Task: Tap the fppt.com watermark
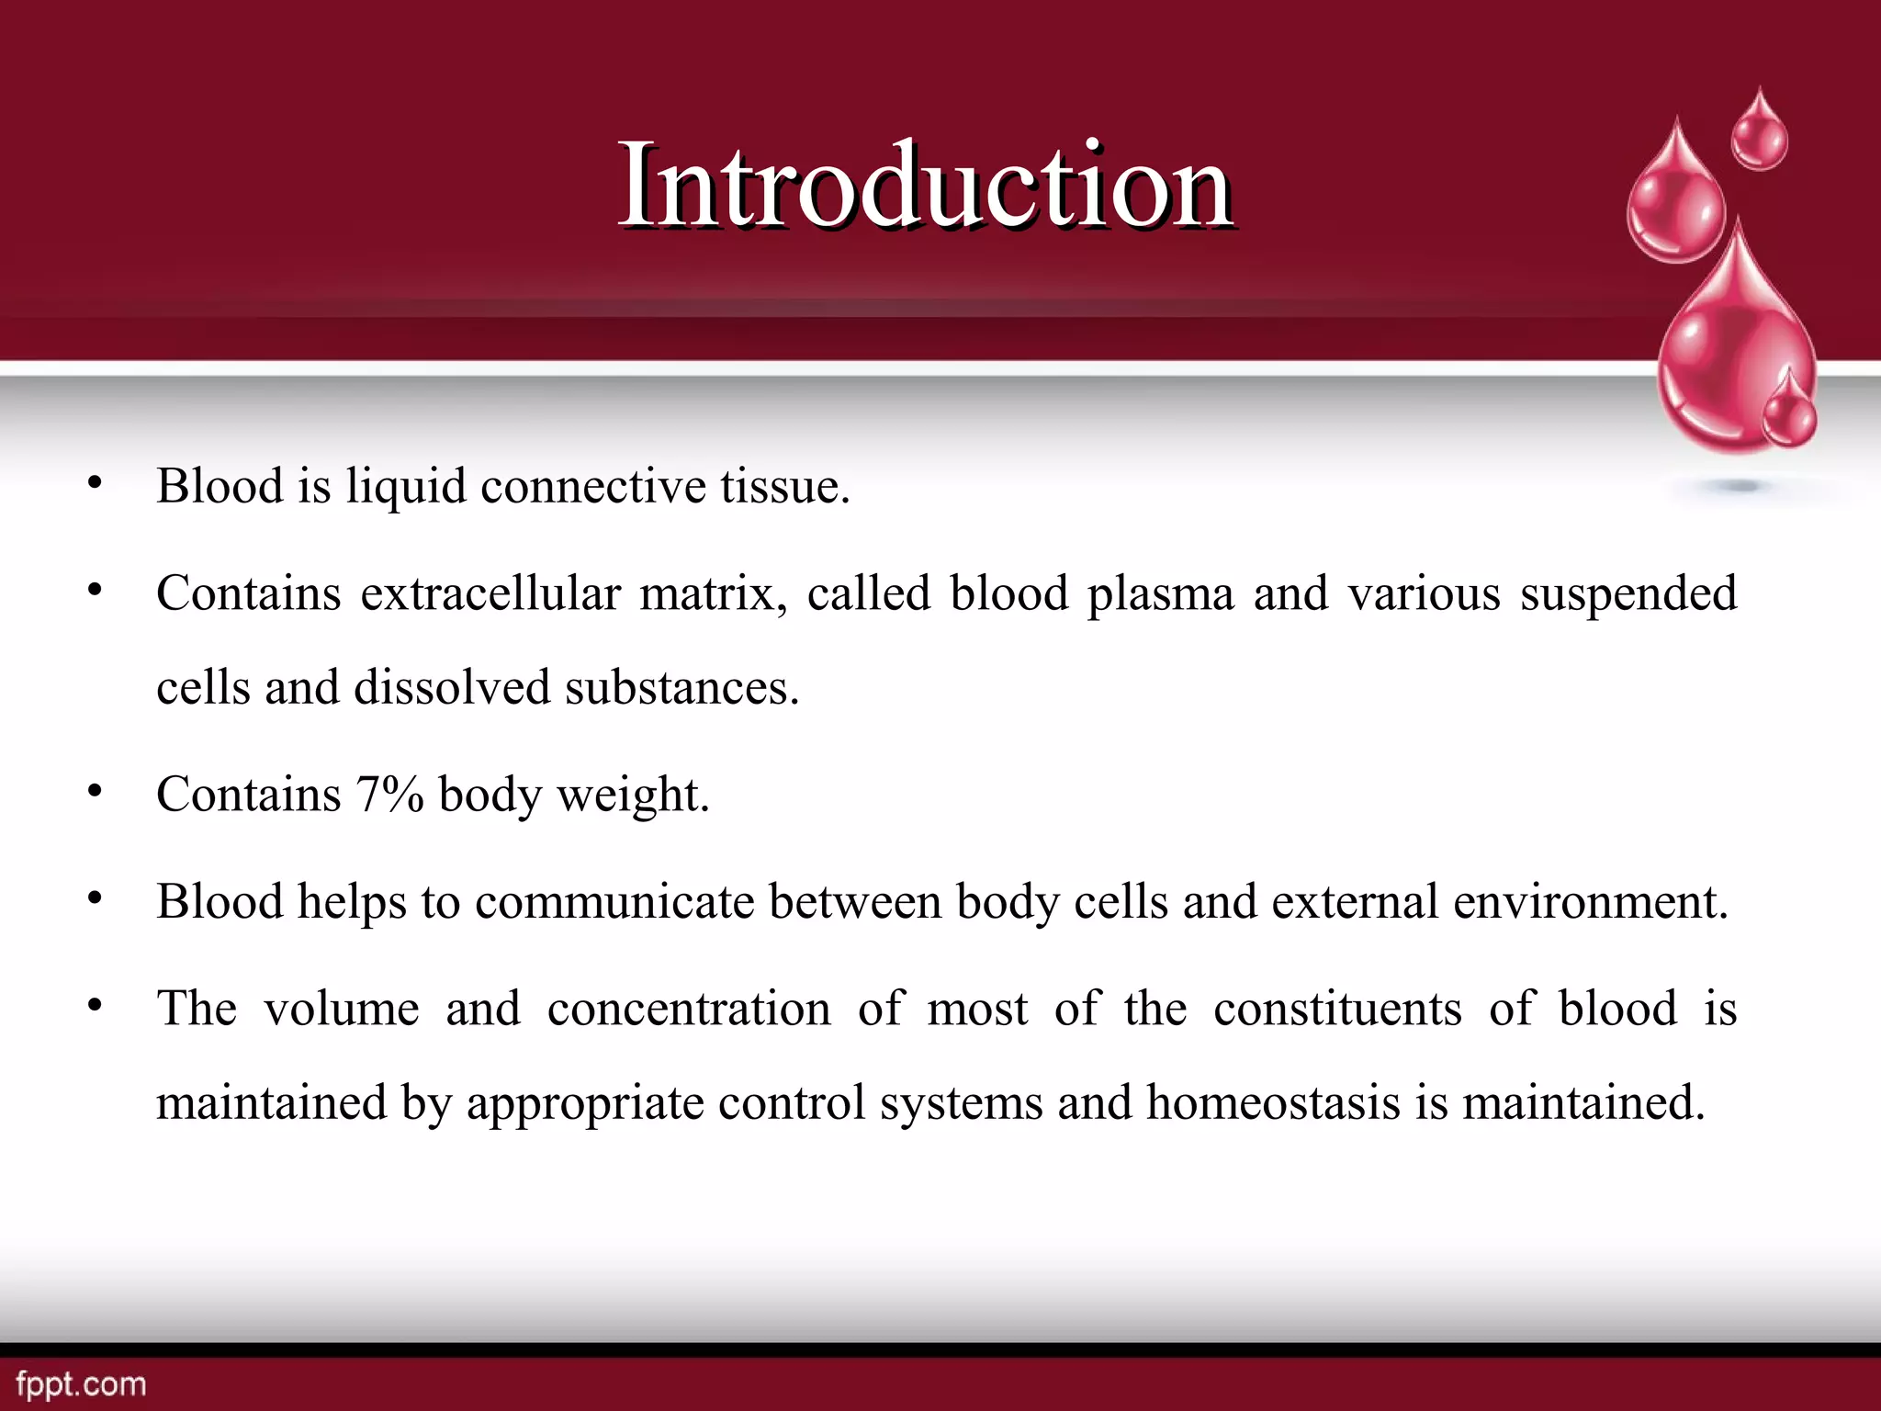pyautogui.click(x=81, y=1384)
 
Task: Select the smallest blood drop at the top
pyautogui.click(x=1760, y=133)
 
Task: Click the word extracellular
pyautogui.click(x=490, y=593)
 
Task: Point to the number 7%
pyautogui.click(x=389, y=795)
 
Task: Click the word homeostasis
pyautogui.click(x=1273, y=1102)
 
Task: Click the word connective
pyautogui.click(x=593, y=486)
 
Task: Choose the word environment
pyautogui.click(x=1590, y=902)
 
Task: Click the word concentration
pyautogui.click(x=689, y=1009)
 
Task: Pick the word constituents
pyautogui.click(x=1336, y=1009)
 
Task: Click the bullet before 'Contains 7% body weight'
pyautogui.click(x=95, y=791)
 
